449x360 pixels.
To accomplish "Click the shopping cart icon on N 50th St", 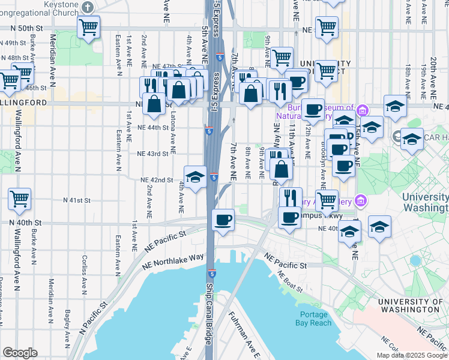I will [x=88, y=26].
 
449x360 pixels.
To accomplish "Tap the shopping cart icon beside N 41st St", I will [x=20, y=198].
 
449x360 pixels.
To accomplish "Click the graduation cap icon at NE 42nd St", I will [x=195, y=176].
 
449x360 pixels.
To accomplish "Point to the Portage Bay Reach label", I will [x=313, y=319].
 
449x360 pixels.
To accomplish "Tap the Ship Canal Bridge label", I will [x=209, y=313].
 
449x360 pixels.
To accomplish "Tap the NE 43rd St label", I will [x=152, y=154].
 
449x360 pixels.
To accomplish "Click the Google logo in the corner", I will [x=20, y=353].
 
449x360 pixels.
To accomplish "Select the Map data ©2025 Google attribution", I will [x=411, y=355].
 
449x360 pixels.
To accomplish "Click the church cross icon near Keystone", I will [x=88, y=7].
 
